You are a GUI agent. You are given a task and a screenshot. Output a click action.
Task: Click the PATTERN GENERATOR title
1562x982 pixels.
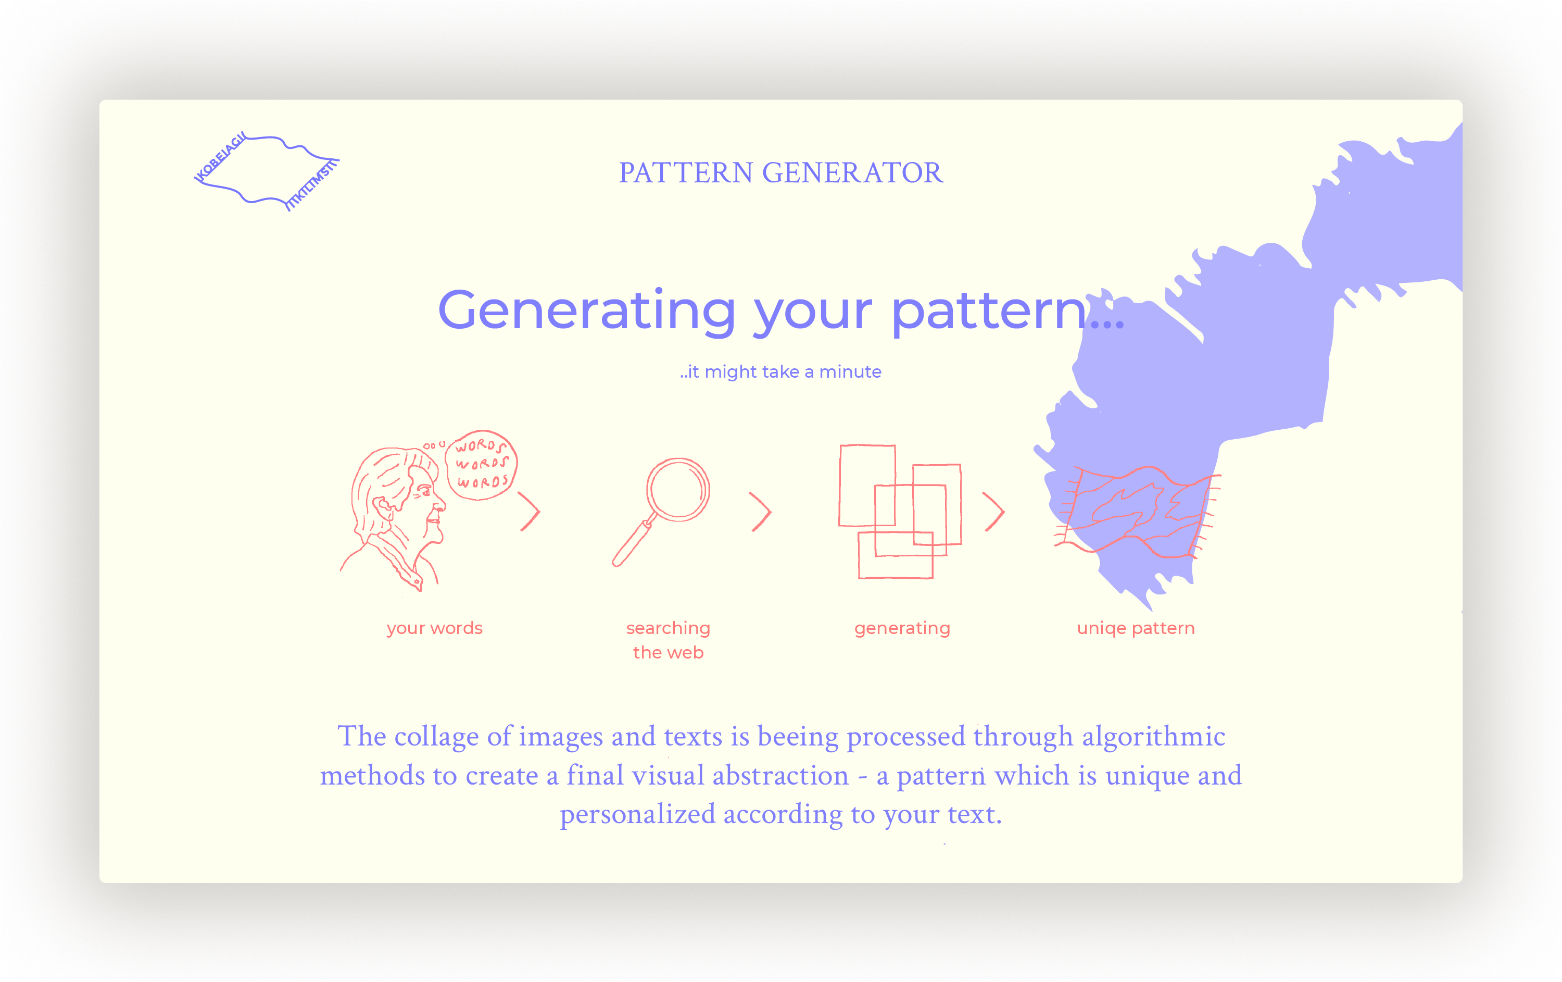[780, 172]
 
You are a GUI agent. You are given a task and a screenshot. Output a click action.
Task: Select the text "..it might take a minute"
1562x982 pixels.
[780, 372]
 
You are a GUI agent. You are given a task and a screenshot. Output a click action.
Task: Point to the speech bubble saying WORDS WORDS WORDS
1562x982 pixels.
[481, 465]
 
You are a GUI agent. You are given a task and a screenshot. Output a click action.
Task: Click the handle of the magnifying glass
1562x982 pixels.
[632, 543]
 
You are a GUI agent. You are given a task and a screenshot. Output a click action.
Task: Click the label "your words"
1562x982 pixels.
[435, 628]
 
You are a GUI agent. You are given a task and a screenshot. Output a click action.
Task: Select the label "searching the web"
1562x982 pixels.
[668, 640]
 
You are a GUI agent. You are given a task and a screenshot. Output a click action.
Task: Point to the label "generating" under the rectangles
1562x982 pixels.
[902, 628]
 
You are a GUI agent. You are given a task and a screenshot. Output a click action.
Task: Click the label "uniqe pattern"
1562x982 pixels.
[1136, 628]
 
